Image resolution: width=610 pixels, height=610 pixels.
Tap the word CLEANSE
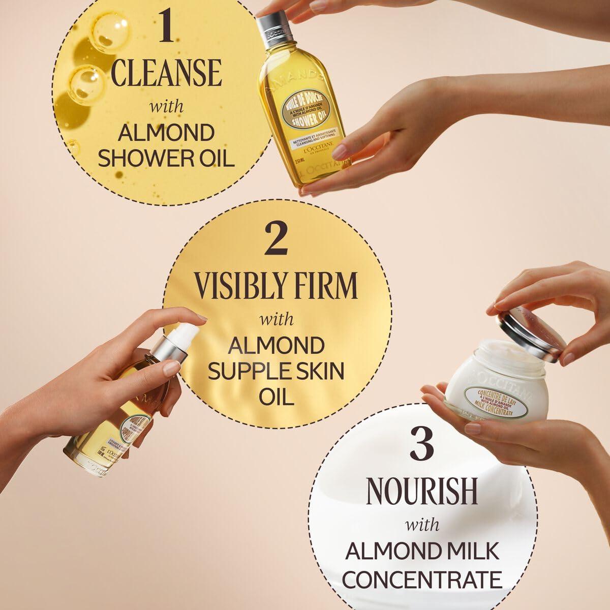coord(166,74)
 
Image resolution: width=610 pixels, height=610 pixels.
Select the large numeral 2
coord(277,241)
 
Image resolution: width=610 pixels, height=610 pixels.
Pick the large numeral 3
coord(421,447)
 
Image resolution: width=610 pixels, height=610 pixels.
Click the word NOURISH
coord(422,491)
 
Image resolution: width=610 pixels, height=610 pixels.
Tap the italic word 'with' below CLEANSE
coord(166,108)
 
